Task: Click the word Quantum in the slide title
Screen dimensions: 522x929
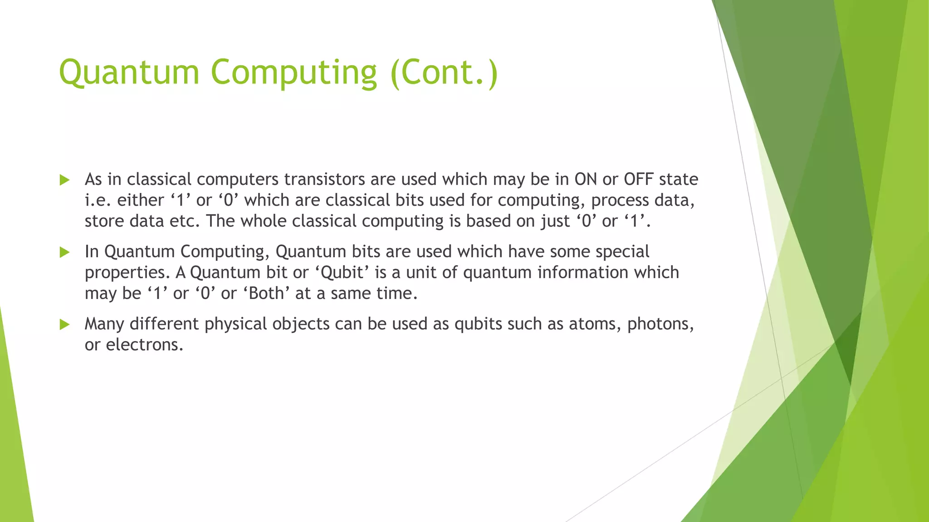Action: pyautogui.click(x=129, y=72)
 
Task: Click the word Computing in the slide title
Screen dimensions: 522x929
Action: pyautogui.click(x=293, y=72)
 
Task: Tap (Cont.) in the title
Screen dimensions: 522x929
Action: pyautogui.click(x=444, y=72)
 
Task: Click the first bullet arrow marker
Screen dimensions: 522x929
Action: pyautogui.click(x=64, y=180)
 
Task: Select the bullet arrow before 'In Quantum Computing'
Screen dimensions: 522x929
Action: pyautogui.click(x=64, y=252)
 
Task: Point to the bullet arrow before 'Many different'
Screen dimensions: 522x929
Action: pyautogui.click(x=64, y=324)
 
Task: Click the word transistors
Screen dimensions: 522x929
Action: pyautogui.click(x=324, y=179)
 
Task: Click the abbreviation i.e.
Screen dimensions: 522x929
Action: pyautogui.click(x=98, y=200)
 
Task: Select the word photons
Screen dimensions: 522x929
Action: pyautogui.click(x=660, y=324)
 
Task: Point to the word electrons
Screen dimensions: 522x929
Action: pyautogui.click(x=144, y=345)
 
